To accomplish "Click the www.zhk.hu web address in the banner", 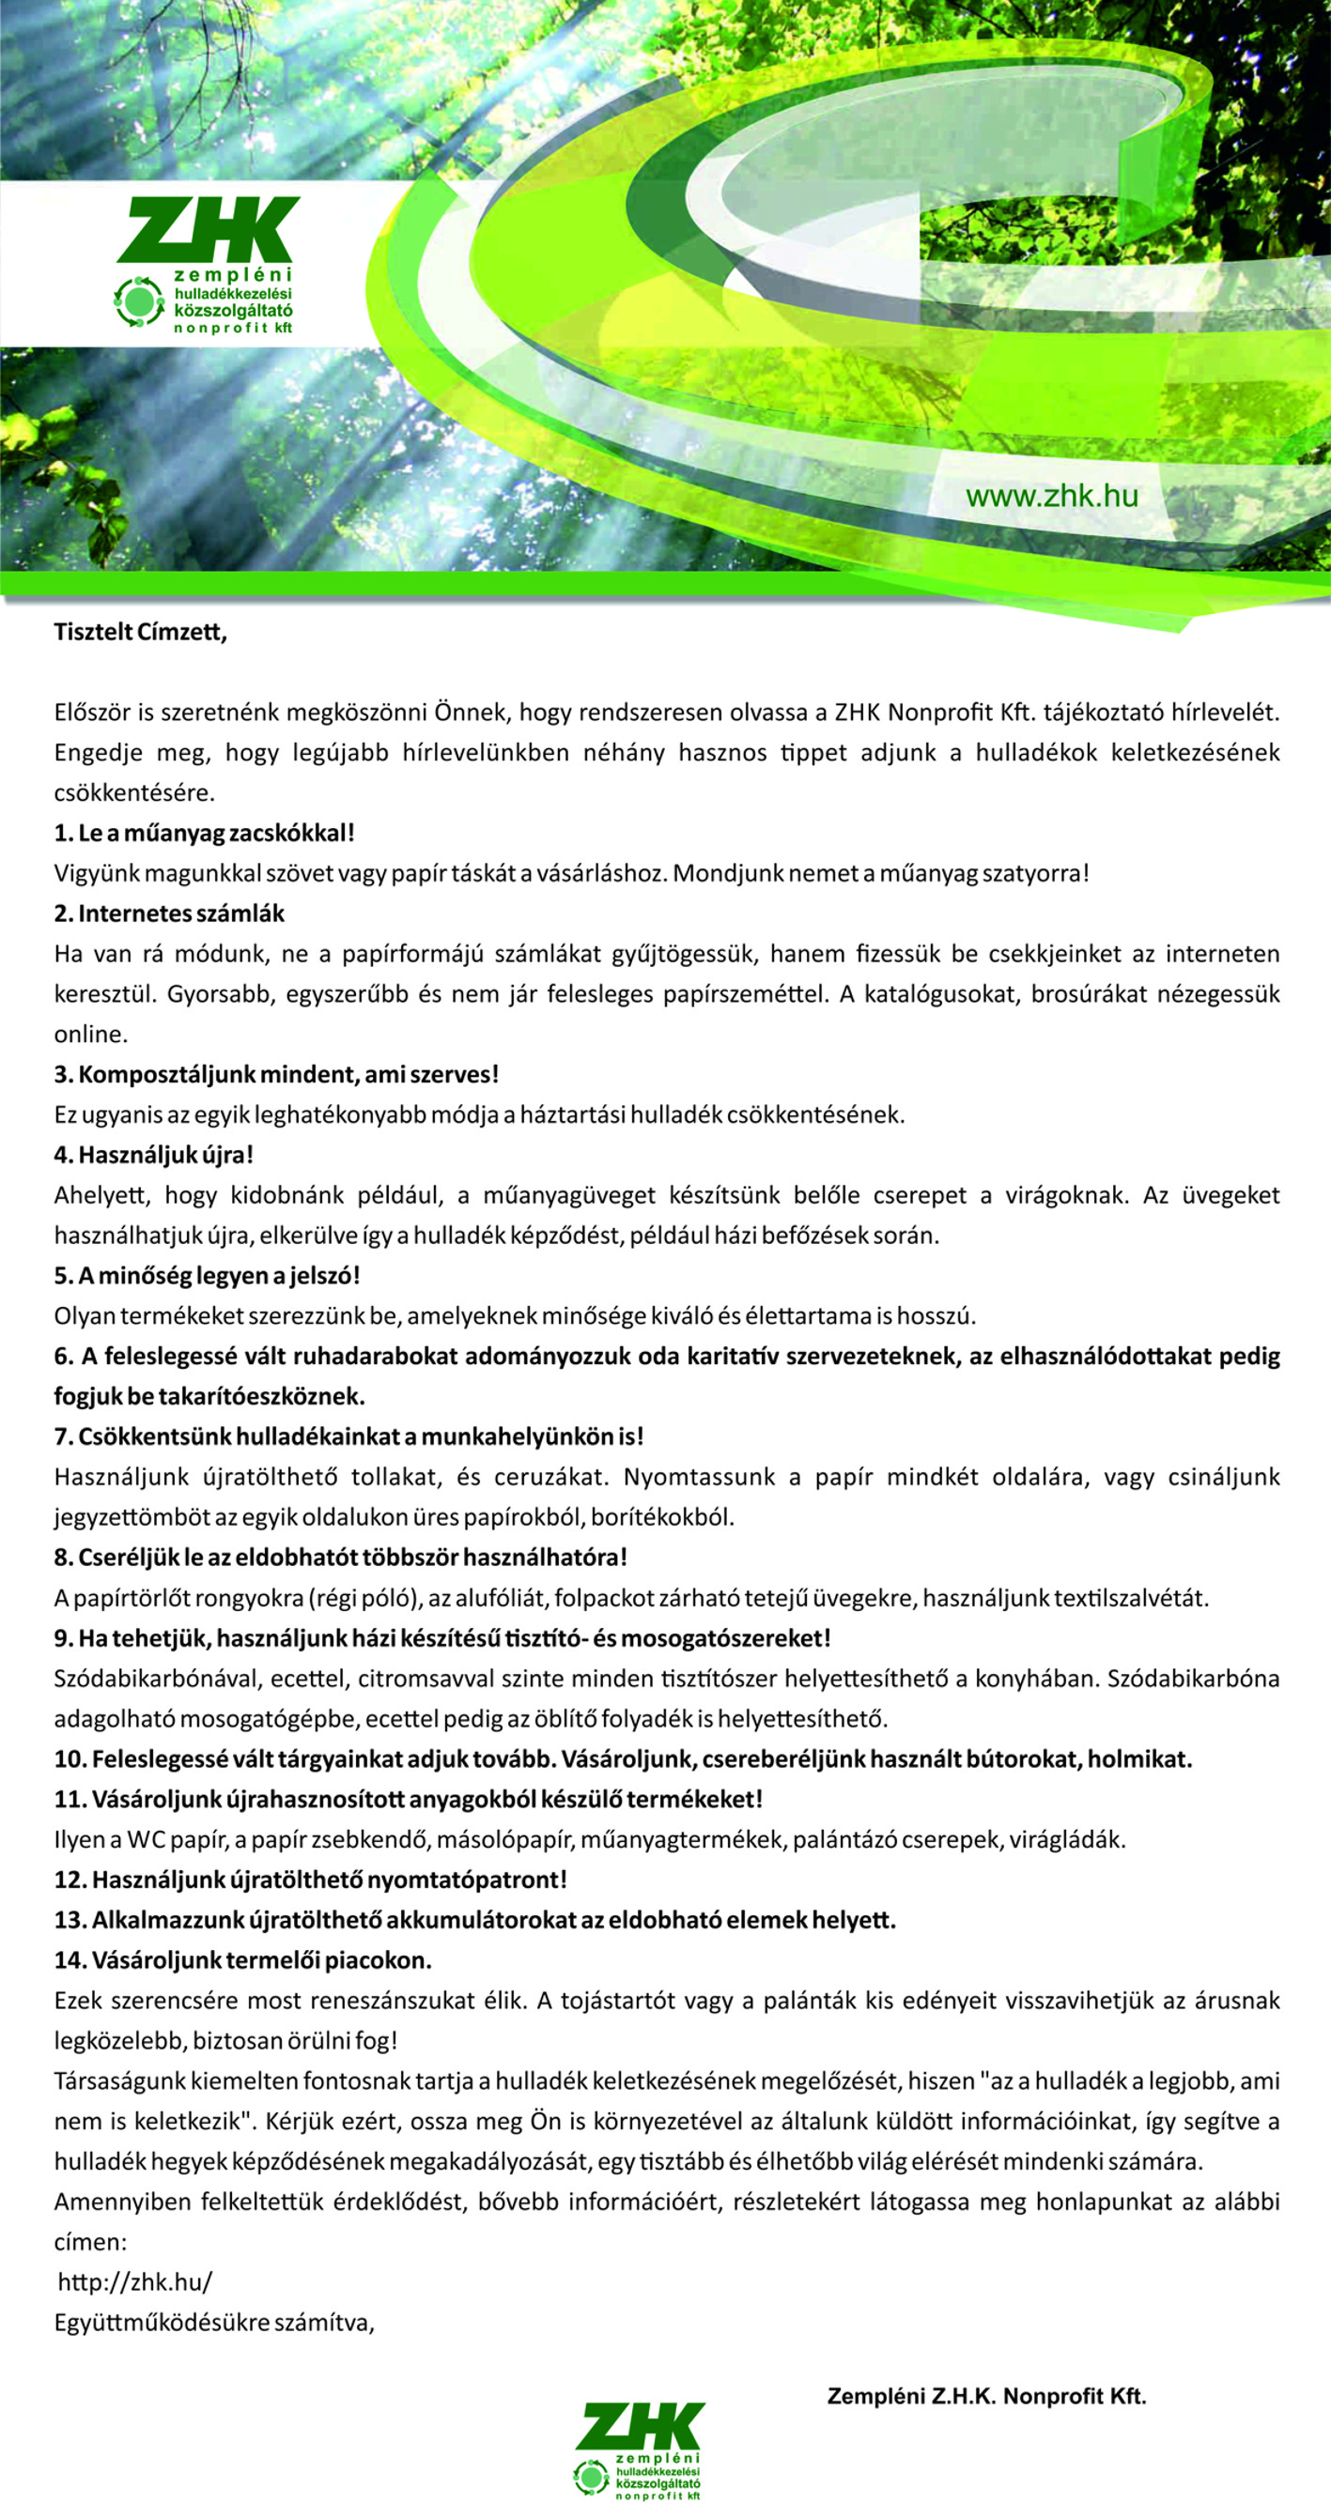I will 1051,497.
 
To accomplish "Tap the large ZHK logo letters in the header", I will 208,229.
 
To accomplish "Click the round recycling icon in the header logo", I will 138,301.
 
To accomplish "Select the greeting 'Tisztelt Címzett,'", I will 140,631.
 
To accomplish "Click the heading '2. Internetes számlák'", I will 169,913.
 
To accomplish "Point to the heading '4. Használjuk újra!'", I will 153,1155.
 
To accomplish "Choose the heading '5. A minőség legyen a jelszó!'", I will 207,1275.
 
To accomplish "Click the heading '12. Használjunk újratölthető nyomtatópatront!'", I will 310,1880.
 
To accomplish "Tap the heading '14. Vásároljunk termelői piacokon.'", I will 243,1960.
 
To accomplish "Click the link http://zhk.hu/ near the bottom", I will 135,2281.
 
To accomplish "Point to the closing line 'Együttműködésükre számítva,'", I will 214,2323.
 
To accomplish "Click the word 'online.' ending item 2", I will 90,1035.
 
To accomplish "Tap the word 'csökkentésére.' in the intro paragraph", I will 134,792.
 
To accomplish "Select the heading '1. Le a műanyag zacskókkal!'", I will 204,833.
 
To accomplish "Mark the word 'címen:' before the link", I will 90,2242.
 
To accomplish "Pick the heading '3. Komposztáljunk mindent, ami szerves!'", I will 276,1074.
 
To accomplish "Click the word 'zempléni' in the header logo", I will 233,276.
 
